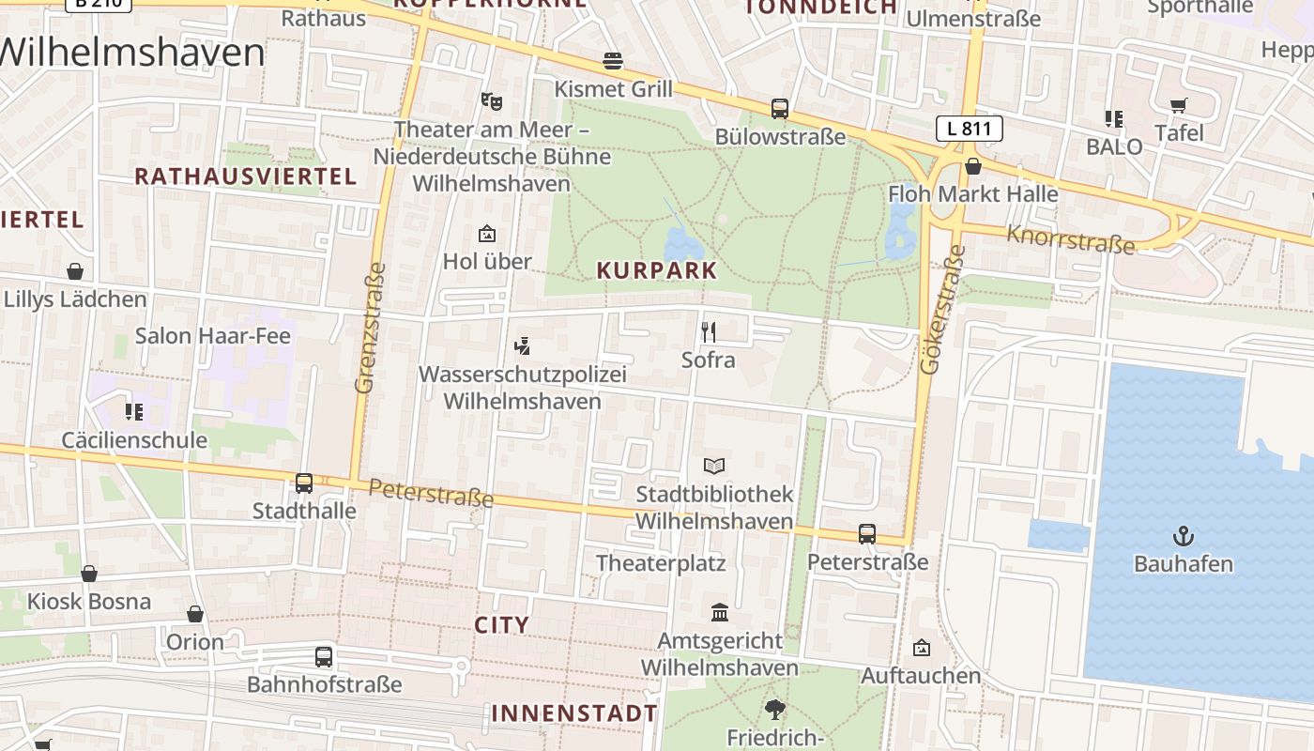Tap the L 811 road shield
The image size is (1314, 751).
point(970,129)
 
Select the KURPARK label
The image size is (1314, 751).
point(657,271)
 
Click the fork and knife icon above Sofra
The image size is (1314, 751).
point(709,331)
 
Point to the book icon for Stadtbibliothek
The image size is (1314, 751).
point(714,466)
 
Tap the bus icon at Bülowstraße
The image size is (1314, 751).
point(780,109)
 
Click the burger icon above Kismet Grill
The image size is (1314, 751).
point(613,62)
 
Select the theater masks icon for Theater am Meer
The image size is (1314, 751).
point(487,100)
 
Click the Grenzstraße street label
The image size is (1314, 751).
point(371,328)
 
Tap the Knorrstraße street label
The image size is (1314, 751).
point(1070,239)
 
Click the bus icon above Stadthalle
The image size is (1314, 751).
point(304,483)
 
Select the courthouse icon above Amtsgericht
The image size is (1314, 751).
point(720,612)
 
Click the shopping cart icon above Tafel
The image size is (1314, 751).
point(1178,105)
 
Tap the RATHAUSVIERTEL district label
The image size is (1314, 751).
point(246,176)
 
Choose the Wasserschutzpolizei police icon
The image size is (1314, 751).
point(523,346)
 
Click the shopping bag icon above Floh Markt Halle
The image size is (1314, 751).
point(973,166)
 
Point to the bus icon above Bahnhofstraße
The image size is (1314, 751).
point(324,656)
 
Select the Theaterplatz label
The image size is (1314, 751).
point(661,563)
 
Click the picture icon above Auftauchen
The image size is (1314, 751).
point(922,648)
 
